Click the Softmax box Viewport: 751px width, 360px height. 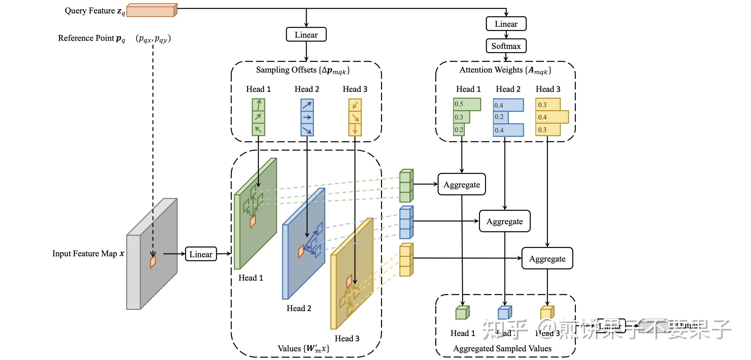(x=506, y=46)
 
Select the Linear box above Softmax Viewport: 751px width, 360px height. (x=506, y=24)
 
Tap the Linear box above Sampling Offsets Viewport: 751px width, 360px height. (x=306, y=35)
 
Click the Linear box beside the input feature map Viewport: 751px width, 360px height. (x=201, y=254)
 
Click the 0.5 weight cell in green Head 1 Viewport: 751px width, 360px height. (x=466, y=104)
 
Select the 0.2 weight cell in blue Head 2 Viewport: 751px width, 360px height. (x=500, y=117)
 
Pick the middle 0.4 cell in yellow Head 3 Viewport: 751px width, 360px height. (x=552, y=117)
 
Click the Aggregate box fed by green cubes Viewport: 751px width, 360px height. (x=462, y=184)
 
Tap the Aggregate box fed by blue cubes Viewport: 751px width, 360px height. (x=504, y=221)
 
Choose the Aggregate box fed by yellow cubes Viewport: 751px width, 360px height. (x=547, y=258)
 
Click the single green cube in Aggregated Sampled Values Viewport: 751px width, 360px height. (x=462, y=313)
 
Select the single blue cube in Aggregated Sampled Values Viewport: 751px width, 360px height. (x=505, y=313)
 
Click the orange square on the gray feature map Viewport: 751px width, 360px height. (x=153, y=261)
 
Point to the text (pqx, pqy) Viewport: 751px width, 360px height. (x=153, y=39)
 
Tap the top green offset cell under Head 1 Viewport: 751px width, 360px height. (x=258, y=105)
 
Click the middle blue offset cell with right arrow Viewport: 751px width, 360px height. (x=307, y=117)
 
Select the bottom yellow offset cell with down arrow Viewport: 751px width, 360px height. (x=355, y=129)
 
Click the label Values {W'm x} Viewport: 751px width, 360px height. (x=303, y=348)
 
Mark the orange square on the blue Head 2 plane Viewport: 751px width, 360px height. (x=301, y=251)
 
